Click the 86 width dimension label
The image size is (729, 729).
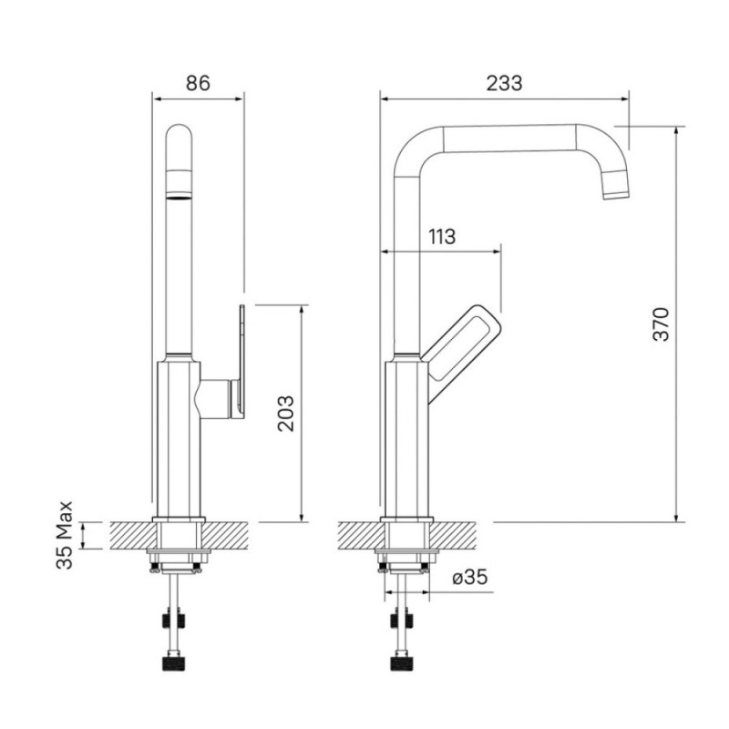pos(198,83)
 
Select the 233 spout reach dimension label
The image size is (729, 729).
pos(505,83)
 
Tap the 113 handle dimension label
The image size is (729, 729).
pos(442,237)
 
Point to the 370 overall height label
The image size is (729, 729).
pos(662,324)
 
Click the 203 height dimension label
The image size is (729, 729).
pos(286,414)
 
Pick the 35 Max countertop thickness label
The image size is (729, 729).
pos(65,535)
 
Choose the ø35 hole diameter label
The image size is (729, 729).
pos(470,577)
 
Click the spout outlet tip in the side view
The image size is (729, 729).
pos(616,190)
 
